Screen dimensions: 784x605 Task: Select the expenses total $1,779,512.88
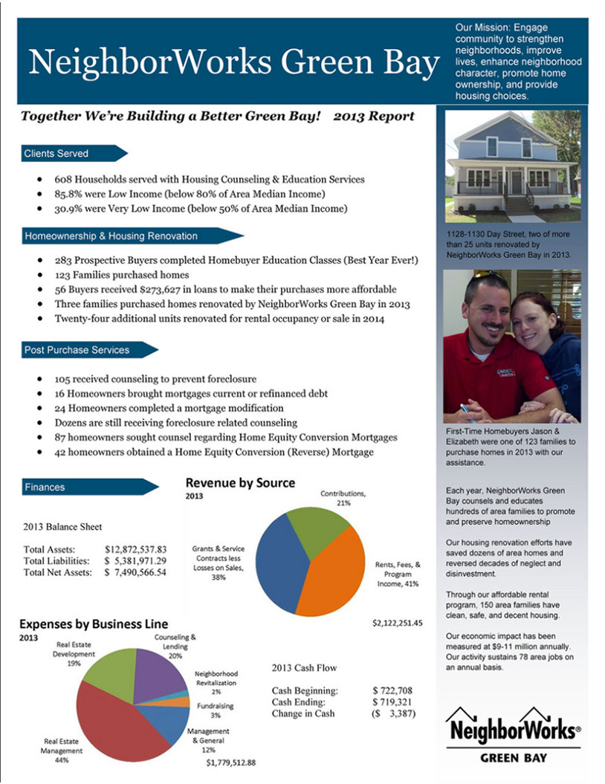tap(230, 762)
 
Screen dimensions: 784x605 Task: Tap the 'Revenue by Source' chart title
tap(240, 483)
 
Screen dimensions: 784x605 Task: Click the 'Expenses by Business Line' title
tap(94, 623)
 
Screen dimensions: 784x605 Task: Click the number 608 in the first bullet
tap(63, 179)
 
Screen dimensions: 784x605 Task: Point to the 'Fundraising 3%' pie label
tap(215, 710)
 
